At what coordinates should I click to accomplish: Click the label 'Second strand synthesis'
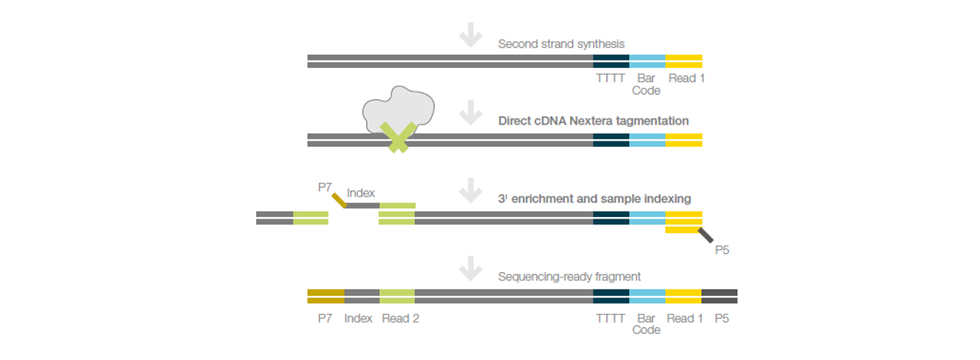(561, 44)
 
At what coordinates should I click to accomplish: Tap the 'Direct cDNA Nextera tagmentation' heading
(593, 121)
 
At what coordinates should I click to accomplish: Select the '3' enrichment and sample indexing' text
(594, 199)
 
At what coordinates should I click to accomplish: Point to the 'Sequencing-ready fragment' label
(570, 277)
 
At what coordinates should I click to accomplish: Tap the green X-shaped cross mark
(398, 138)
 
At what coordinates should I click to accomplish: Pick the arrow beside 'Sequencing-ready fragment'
(470, 269)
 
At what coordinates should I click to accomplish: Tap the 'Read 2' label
(401, 319)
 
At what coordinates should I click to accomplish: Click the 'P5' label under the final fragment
(721, 319)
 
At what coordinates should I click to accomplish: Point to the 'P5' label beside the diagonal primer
(722, 249)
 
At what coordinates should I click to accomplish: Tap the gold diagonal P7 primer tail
(339, 200)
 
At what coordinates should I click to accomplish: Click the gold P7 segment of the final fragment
(326, 297)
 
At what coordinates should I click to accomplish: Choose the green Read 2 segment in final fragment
(397, 297)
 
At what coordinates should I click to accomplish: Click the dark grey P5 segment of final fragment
(719, 297)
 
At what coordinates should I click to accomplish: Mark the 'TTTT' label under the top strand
(610, 78)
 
